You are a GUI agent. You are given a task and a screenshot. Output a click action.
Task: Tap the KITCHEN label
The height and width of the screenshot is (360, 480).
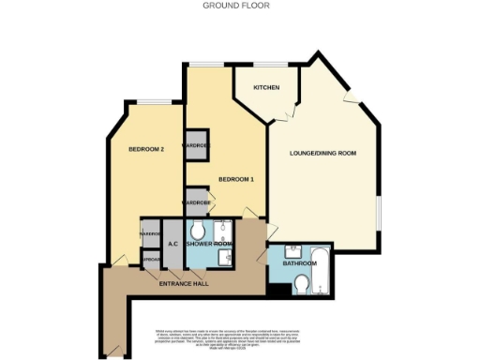pos(266,87)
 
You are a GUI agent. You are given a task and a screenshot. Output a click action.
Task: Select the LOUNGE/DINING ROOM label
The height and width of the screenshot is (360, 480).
pos(324,153)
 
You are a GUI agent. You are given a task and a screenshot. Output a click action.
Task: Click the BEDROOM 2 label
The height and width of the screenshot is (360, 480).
pos(146,149)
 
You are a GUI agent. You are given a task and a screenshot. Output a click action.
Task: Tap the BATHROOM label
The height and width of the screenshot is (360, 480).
pos(300,264)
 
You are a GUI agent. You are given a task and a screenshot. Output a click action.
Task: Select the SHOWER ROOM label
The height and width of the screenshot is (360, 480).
pos(210,245)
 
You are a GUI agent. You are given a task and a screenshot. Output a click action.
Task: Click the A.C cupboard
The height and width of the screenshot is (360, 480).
pos(173,245)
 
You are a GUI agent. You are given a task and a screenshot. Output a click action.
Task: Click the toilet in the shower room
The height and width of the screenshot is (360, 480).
pos(198,231)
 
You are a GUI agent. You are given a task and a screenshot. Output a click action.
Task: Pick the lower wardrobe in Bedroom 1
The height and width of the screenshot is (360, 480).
pos(196,202)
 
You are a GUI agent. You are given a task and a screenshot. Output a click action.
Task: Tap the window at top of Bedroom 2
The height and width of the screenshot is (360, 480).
pos(155,99)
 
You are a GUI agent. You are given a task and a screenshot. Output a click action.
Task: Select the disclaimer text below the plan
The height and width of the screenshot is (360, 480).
pos(239,342)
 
